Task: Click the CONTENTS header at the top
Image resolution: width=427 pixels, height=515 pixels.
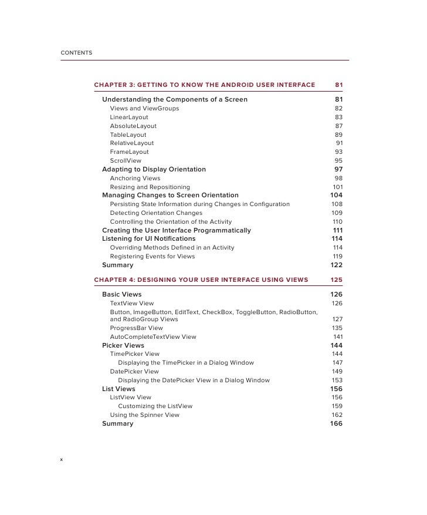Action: pyautogui.click(x=76, y=53)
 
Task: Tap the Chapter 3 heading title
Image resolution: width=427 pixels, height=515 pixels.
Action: pyautogui.click(x=204, y=85)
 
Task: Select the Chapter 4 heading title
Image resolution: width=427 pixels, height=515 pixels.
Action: pyautogui.click(x=201, y=280)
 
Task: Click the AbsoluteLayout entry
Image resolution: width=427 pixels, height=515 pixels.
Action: pyautogui.click(x=133, y=126)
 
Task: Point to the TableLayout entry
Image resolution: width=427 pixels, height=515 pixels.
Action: pyautogui.click(x=128, y=134)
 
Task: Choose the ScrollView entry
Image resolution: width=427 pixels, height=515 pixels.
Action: pyautogui.click(x=126, y=160)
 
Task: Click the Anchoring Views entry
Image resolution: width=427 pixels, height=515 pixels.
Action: pyautogui.click(x=135, y=178)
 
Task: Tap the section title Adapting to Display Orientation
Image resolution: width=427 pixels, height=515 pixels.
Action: pyautogui.click(x=154, y=169)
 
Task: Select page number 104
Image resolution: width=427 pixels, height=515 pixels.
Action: pyautogui.click(x=336, y=195)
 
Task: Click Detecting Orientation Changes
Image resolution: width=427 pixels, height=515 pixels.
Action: pyautogui.click(x=156, y=213)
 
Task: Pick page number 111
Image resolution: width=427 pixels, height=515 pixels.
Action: pyautogui.click(x=337, y=230)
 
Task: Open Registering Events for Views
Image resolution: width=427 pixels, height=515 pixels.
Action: pyautogui.click(x=153, y=257)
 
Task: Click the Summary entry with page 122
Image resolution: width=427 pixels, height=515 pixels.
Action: pyautogui.click(x=117, y=265)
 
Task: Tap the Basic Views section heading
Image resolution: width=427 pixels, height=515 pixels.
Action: pyautogui.click(x=121, y=294)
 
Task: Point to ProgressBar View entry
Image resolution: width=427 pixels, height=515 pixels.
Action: pyautogui.click(x=136, y=328)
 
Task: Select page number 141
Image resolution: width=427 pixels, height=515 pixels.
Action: pyautogui.click(x=337, y=336)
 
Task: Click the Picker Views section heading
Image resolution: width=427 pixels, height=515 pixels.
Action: pyautogui.click(x=123, y=345)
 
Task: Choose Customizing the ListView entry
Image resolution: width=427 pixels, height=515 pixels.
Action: pyautogui.click(x=155, y=406)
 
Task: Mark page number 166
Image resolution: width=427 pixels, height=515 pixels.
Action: pyautogui.click(x=336, y=423)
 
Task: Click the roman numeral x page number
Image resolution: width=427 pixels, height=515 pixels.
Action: pyautogui.click(x=62, y=459)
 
